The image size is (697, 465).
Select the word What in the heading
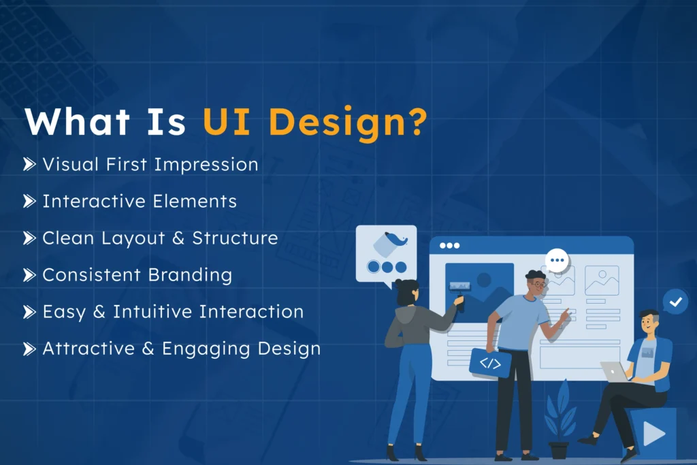(76, 121)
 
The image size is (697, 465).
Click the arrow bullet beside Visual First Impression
(29, 164)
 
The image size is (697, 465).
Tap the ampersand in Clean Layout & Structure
(180, 238)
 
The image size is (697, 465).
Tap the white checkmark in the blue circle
(675, 301)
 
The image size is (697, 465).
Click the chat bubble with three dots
(557, 260)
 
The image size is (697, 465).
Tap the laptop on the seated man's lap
(615, 372)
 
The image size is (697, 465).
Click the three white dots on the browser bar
(449, 245)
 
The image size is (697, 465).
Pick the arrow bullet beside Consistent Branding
(29, 275)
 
